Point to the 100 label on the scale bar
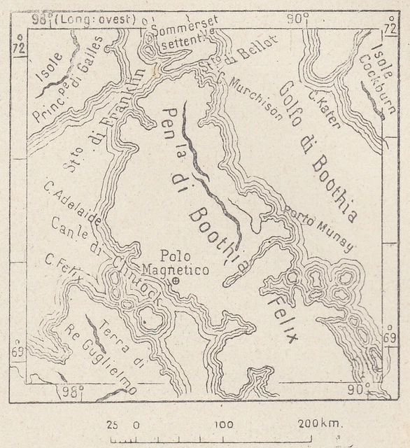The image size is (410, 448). pos(224,424)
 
